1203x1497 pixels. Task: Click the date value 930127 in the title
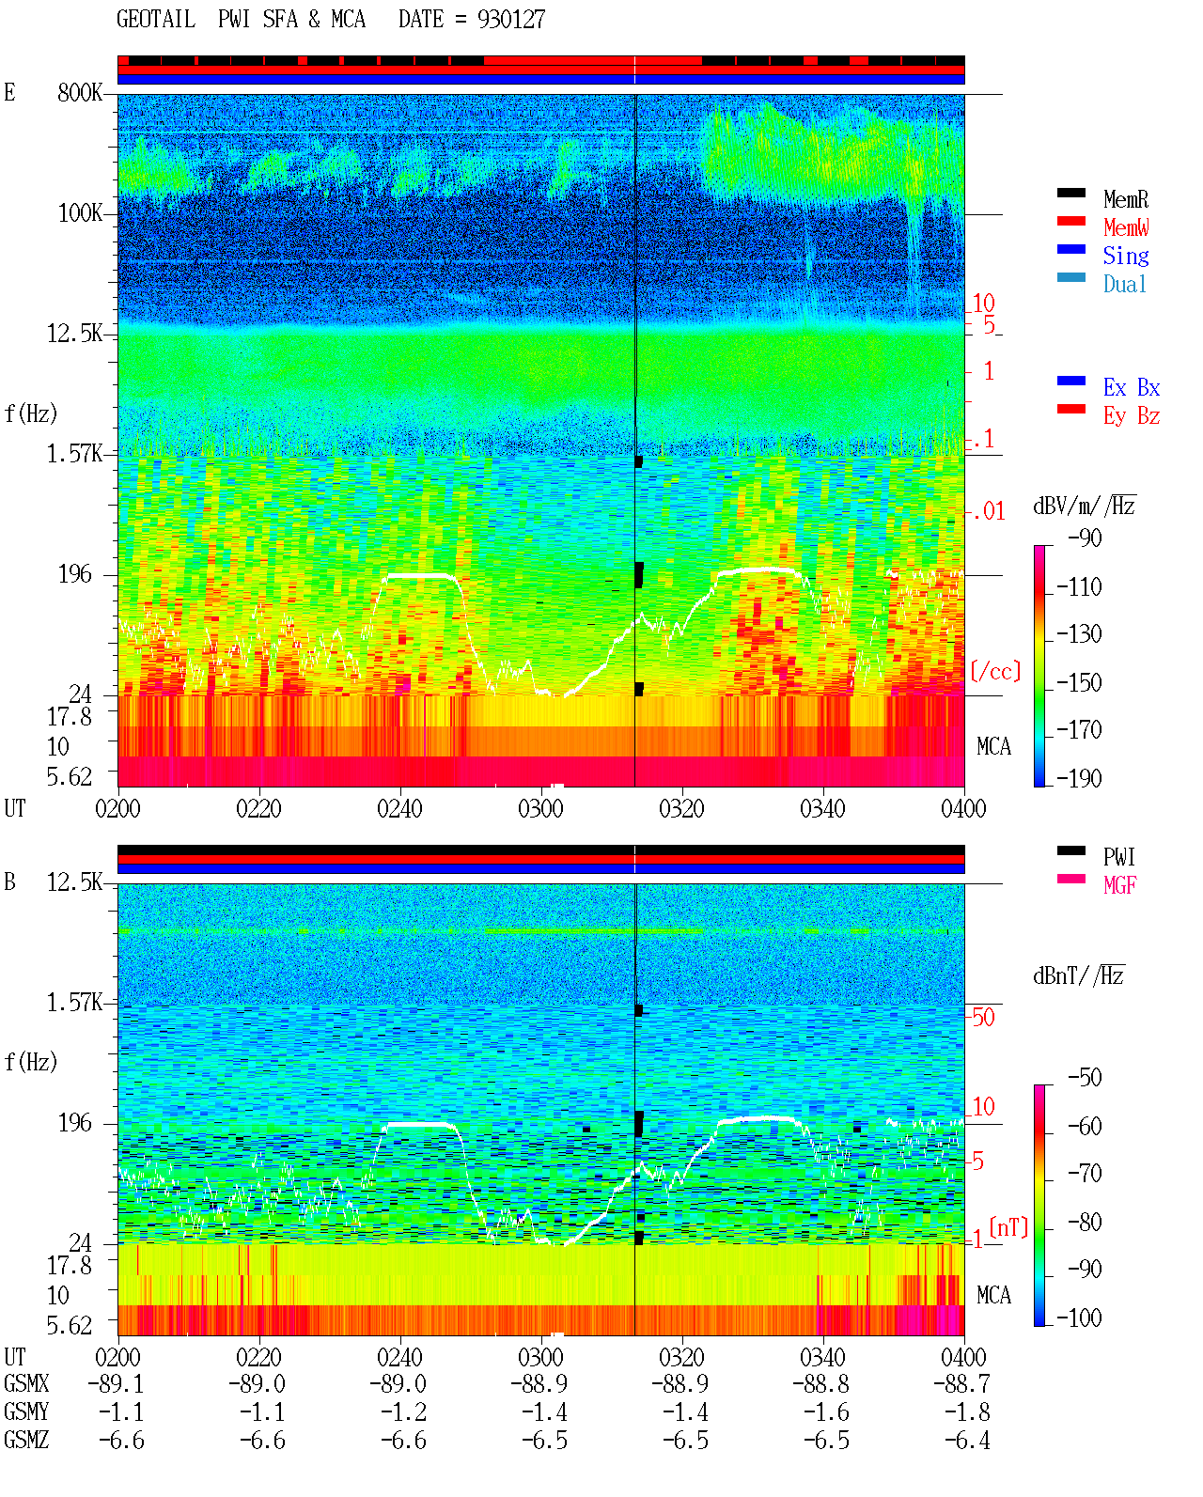tap(511, 19)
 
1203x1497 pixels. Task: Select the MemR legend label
tap(1126, 199)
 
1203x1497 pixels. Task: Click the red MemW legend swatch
tap(1070, 221)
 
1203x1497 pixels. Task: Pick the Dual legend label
tap(1125, 284)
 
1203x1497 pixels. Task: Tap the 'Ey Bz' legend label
tap(1132, 416)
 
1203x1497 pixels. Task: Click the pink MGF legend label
tap(1120, 885)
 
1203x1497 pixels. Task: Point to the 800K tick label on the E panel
tap(80, 92)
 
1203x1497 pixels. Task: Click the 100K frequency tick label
tap(80, 213)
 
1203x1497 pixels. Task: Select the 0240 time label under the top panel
tap(399, 808)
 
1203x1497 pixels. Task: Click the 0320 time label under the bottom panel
tap(681, 1357)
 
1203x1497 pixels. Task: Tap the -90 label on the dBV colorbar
tap(1085, 538)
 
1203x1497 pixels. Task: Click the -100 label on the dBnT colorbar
tap(1079, 1318)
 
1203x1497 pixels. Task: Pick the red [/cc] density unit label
tap(995, 671)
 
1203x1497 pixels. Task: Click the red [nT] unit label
tap(1008, 1227)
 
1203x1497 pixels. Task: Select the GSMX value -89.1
tap(116, 1384)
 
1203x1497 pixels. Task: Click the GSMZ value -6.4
tap(967, 1440)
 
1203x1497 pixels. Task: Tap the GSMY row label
tap(26, 1412)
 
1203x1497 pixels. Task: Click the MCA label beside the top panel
tap(993, 746)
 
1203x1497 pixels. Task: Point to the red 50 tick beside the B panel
tap(983, 1017)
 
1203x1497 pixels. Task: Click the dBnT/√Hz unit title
tap(1079, 975)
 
